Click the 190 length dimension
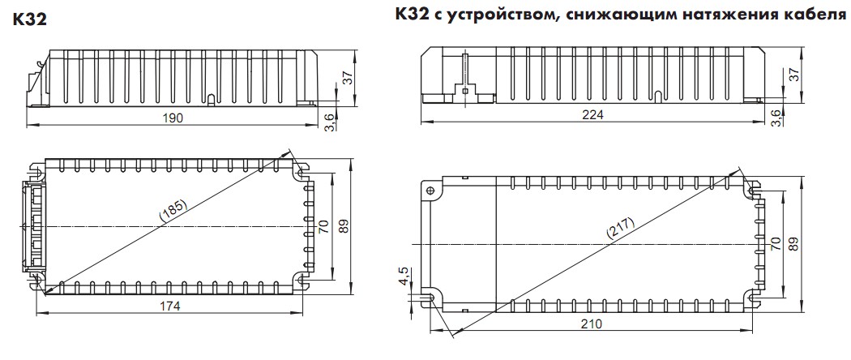pyautogui.click(x=173, y=118)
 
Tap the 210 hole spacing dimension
pyautogui.click(x=592, y=324)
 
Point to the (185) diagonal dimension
pyautogui.click(x=173, y=209)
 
